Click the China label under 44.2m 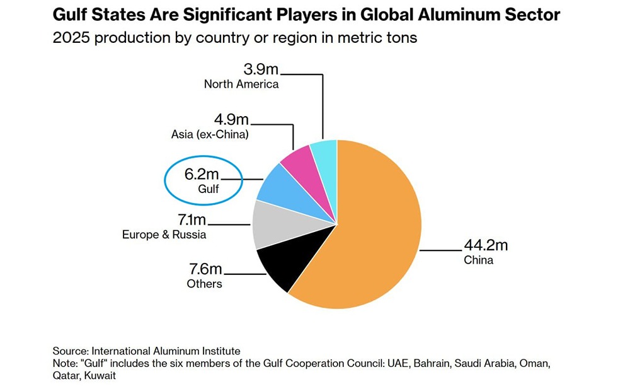(478, 260)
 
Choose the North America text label (241, 84)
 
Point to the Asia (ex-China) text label (210, 134)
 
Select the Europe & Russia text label (164, 235)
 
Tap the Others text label (204, 284)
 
